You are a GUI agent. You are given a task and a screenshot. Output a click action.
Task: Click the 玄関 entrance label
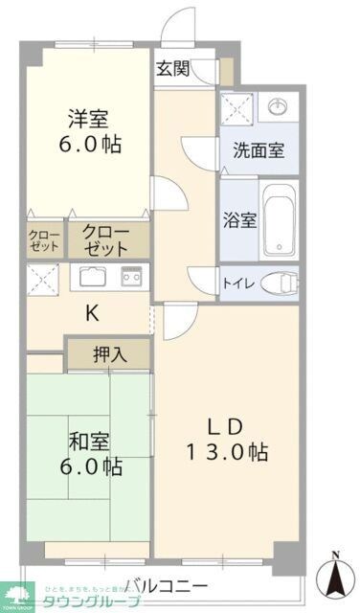(x=172, y=68)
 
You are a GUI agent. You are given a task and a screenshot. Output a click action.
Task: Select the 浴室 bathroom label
(x=239, y=219)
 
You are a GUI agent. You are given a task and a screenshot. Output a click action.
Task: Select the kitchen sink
(x=95, y=279)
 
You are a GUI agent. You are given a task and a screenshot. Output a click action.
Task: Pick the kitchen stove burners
(x=131, y=278)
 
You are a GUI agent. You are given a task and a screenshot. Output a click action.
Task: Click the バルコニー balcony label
(x=165, y=586)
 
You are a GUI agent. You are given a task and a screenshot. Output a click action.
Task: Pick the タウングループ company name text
(x=87, y=602)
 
